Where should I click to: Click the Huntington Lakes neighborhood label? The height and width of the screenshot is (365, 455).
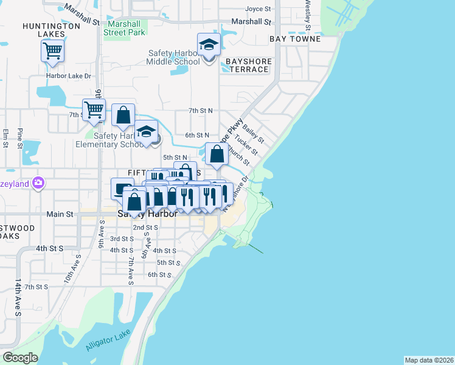pyautogui.click(x=51, y=30)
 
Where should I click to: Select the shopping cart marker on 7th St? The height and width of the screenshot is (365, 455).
pyautogui.click(x=94, y=110)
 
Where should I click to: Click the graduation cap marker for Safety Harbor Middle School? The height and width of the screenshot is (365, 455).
pyautogui.click(x=209, y=45)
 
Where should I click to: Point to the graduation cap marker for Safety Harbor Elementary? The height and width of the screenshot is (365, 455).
pyautogui.click(x=146, y=133)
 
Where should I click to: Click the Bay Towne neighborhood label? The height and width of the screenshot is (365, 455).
pyautogui.click(x=295, y=39)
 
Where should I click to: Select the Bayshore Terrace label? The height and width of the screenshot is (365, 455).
pyautogui.click(x=247, y=65)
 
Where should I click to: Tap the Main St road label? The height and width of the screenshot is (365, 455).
pyautogui.click(x=60, y=214)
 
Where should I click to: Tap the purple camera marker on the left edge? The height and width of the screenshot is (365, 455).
pyautogui.click(x=38, y=182)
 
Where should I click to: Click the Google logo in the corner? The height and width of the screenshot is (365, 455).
pyautogui.click(x=20, y=358)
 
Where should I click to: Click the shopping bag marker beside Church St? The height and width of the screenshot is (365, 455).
pyautogui.click(x=217, y=154)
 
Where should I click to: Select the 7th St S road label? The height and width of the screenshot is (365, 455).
pyautogui.click(x=36, y=287)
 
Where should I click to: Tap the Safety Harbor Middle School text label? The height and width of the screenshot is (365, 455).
pyautogui.click(x=174, y=57)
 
